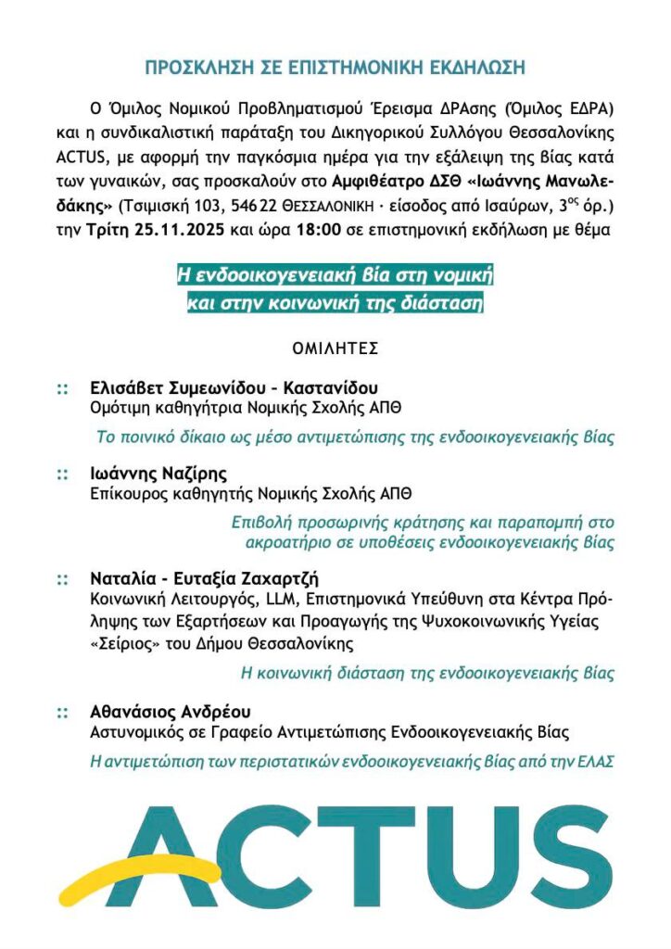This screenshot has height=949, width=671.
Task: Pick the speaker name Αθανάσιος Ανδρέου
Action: [171, 712]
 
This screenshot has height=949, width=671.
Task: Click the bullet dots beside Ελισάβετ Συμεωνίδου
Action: [62, 387]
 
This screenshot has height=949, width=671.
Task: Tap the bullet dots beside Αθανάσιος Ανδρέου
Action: [62, 713]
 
